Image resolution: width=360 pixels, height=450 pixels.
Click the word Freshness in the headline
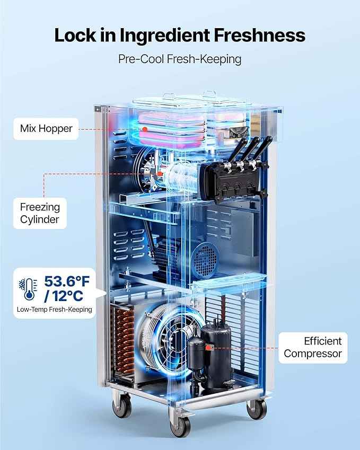click(x=259, y=35)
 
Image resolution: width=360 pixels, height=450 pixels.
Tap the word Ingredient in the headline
click(x=165, y=36)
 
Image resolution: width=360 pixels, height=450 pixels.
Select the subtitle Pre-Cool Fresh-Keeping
click(x=180, y=59)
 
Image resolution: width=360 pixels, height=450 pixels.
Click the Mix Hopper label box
click(x=46, y=129)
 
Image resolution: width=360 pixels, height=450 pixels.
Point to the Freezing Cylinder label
click(x=40, y=213)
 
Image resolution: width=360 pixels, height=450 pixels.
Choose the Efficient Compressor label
click(x=313, y=348)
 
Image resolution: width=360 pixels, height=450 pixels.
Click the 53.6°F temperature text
click(x=67, y=281)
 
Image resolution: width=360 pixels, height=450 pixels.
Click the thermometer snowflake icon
click(x=28, y=289)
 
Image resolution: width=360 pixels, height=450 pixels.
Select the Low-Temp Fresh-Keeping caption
click(x=54, y=310)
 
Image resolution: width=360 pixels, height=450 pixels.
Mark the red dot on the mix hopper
click(x=145, y=129)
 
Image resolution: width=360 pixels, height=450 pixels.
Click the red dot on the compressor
click(x=207, y=348)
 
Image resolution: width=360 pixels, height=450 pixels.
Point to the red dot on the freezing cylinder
click(x=160, y=174)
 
